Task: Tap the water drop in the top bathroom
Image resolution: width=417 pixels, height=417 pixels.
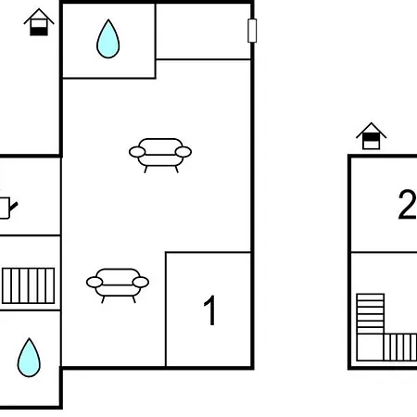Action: coord(108,39)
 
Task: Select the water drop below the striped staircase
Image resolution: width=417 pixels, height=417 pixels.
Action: coord(29,357)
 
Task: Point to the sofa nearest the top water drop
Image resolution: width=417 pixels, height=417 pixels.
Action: coord(160,152)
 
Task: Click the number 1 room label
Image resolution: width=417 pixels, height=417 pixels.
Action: coord(210,311)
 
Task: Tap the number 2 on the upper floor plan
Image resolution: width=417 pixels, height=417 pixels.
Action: coord(406,206)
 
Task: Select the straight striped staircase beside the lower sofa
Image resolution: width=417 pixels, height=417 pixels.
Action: coord(28,286)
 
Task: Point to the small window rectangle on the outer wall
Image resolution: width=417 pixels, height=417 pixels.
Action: coord(252,31)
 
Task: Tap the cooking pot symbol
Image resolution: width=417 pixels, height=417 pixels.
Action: coord(6,207)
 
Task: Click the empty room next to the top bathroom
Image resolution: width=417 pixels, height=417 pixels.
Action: coord(203,32)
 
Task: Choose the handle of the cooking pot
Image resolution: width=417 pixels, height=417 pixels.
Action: coord(16,201)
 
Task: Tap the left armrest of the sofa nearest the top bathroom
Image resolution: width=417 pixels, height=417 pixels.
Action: coord(136,152)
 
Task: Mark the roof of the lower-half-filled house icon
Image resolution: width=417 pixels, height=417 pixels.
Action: coord(38,16)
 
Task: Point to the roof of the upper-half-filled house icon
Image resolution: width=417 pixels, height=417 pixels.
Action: coord(371,130)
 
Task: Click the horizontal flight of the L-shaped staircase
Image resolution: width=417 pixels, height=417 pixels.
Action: coord(399,347)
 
